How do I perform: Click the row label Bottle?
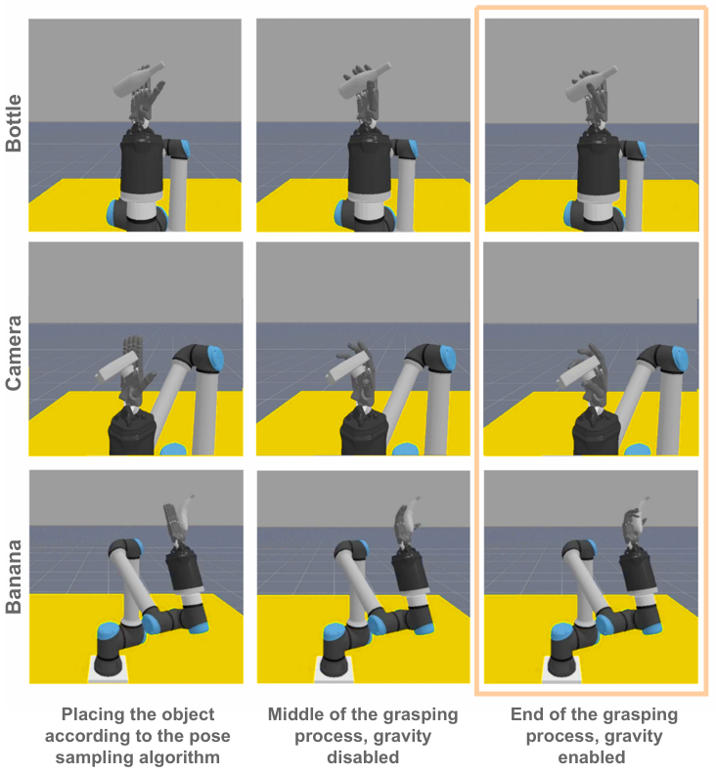(14, 123)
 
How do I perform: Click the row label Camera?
(14, 353)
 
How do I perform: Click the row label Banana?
(14, 577)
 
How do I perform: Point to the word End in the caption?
(526, 714)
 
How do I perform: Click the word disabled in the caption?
(363, 756)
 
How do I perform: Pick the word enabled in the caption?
(592, 756)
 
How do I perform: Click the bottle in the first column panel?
(138, 79)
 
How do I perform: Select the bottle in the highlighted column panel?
(592, 85)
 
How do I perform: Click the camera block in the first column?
(118, 367)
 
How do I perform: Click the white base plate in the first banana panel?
(109, 670)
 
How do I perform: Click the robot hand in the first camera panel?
(134, 371)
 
